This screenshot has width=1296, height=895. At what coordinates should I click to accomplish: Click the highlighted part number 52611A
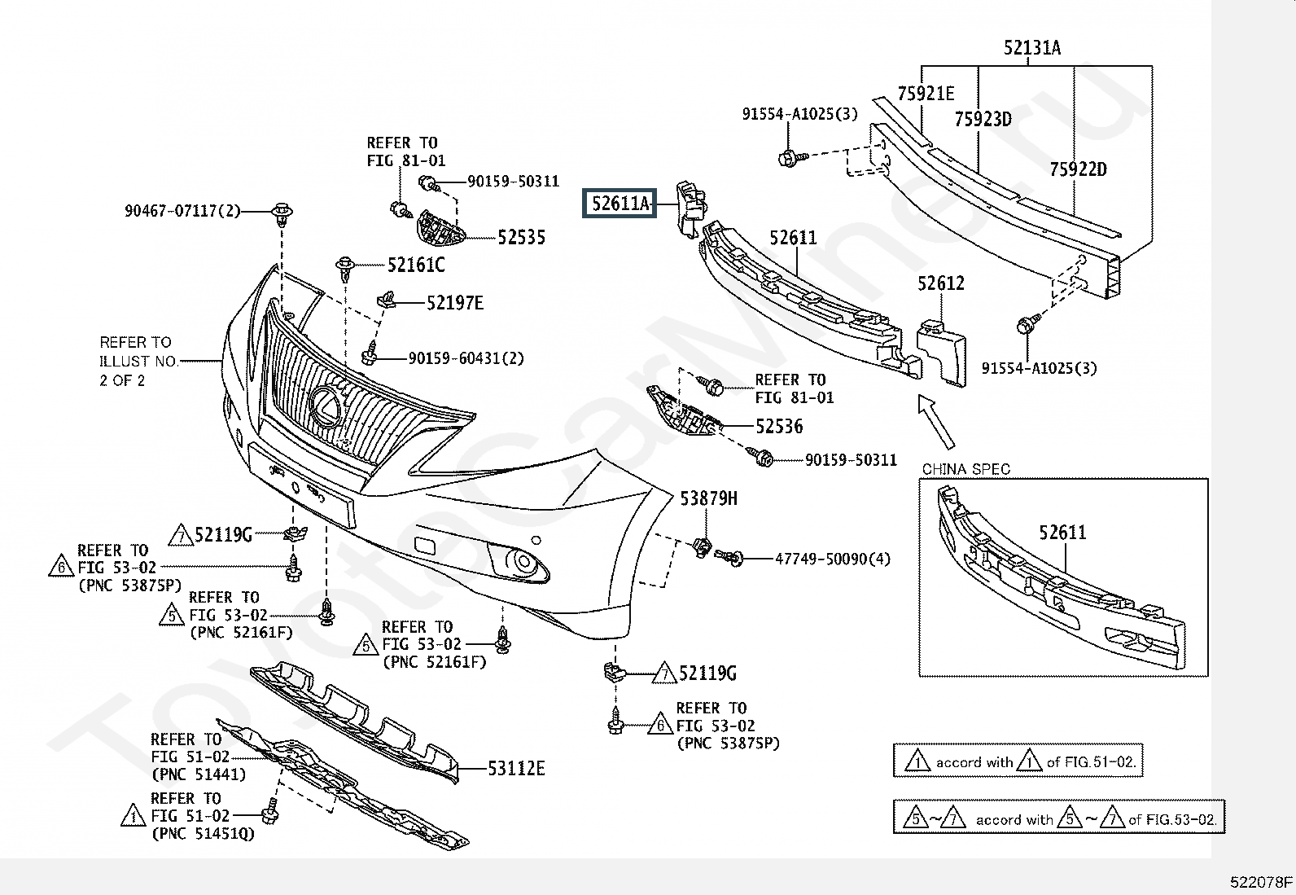pos(620,204)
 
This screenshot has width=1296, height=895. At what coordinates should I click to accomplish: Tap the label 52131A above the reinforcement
pos(1032,47)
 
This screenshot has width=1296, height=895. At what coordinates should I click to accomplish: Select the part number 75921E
pos(926,93)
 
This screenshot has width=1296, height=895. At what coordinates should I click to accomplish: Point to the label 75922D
pos(1078,169)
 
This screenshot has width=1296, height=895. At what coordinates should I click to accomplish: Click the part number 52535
pos(521,237)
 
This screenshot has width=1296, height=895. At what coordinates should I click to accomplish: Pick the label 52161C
pos(416,265)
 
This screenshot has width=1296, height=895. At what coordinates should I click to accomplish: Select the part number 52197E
pos(455,303)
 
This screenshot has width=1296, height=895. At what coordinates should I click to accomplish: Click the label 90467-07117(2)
pos(182,211)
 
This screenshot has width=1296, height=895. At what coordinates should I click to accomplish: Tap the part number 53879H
pos(708,498)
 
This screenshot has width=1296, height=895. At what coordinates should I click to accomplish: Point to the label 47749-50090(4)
pos(833,559)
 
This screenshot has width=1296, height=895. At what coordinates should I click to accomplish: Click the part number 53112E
pos(516,768)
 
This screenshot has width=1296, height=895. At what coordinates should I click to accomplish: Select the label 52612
pos(941,283)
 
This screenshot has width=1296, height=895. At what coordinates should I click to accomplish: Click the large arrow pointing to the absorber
pos(935,422)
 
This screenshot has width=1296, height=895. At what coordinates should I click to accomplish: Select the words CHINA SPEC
pos(965,469)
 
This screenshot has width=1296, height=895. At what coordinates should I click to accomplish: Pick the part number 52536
pos(779,427)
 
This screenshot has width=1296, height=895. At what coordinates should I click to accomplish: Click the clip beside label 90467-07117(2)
pos(282,213)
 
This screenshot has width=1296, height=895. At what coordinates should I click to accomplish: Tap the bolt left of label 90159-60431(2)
pos(369,354)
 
